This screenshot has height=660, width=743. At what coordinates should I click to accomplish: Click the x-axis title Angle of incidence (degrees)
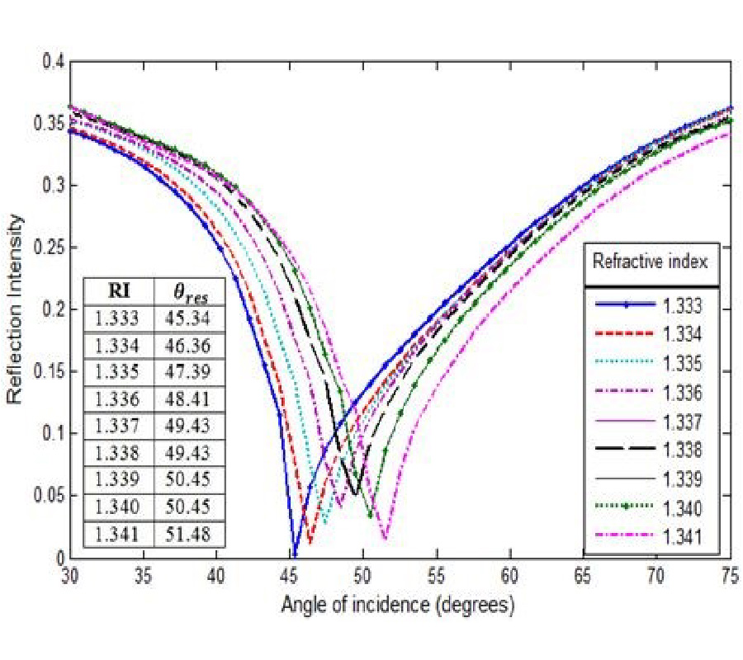click(399, 606)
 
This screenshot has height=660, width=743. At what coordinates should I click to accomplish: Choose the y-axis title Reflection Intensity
click(15, 309)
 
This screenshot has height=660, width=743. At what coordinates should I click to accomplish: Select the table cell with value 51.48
click(190, 534)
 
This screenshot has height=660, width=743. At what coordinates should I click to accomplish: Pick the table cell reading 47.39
click(190, 372)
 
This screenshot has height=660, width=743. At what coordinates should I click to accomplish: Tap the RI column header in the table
click(119, 291)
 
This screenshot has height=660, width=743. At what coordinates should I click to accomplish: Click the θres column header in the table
click(190, 291)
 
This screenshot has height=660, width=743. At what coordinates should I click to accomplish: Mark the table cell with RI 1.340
click(119, 507)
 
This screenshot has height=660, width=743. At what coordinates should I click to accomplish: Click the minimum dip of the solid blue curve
click(293, 554)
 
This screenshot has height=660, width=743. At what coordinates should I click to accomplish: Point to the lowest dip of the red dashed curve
click(310, 542)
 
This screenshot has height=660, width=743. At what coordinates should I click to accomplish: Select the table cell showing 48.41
click(190, 399)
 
